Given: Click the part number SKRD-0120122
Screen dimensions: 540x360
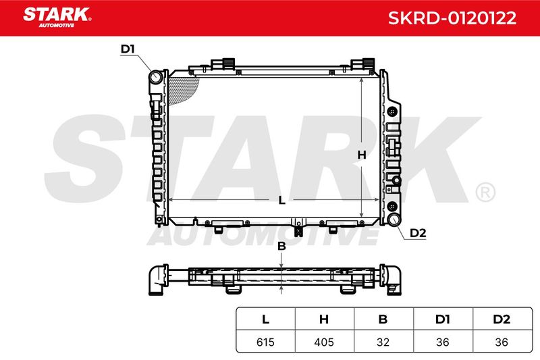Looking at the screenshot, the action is point(452,18).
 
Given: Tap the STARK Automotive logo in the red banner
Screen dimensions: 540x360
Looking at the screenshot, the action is point(57,18).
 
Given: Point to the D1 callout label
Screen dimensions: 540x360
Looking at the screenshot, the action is point(128,49).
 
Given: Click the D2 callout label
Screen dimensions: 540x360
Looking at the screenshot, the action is point(418,233).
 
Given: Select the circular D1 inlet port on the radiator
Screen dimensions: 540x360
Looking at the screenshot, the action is point(156,77).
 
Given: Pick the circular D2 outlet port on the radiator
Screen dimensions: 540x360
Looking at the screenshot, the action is point(394,219).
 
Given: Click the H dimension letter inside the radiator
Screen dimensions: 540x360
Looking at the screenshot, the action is point(362,155).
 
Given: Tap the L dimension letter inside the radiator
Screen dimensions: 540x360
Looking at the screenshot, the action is point(281,200).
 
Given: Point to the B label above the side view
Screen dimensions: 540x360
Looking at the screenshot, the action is point(281,247).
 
